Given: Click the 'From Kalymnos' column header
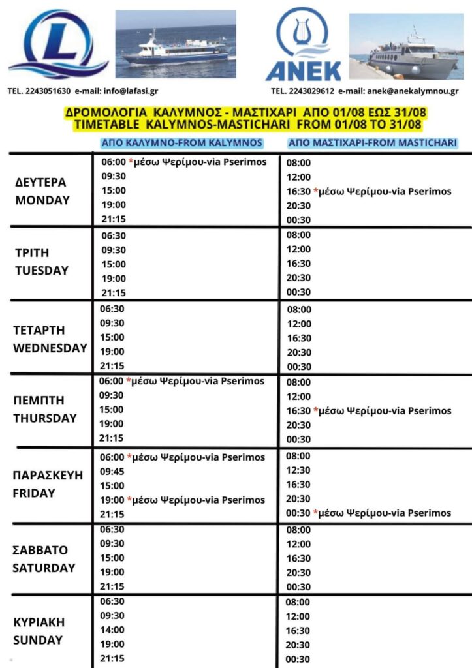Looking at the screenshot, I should tap(181, 143).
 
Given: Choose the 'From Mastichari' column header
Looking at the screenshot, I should tap(372, 143).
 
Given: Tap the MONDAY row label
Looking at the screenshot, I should tap(42, 200).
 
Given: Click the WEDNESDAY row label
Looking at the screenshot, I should tap(50, 348).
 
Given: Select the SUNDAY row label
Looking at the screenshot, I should tap(38, 640).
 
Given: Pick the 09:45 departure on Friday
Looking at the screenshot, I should tap(112, 471).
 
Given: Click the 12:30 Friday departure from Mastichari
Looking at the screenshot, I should tap(298, 470).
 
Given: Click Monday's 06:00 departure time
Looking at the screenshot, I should tap(113, 162).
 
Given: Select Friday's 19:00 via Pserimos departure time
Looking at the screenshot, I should tap(112, 500).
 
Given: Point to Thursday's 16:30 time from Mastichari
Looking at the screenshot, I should tap(298, 411).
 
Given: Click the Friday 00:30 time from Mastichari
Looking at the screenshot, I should tap(298, 513).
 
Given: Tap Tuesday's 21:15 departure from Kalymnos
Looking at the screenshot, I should tap(112, 293).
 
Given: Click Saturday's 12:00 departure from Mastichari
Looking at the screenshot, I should tap(298, 543).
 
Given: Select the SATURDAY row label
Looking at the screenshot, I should tap(44, 568).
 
